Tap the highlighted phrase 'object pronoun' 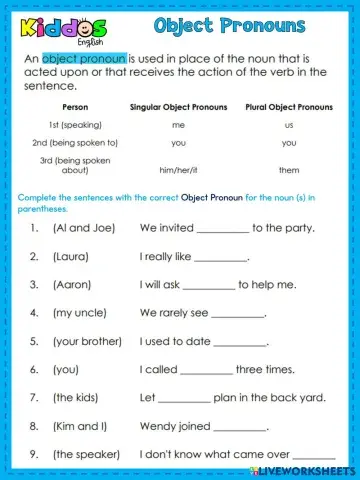point(84,59)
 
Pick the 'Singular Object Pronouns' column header point(179,106)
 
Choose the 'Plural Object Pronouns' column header point(288,106)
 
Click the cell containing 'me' point(179,125)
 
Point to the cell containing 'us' point(288,125)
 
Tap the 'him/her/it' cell point(179,170)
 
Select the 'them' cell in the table point(289,170)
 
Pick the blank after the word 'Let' point(185,398)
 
